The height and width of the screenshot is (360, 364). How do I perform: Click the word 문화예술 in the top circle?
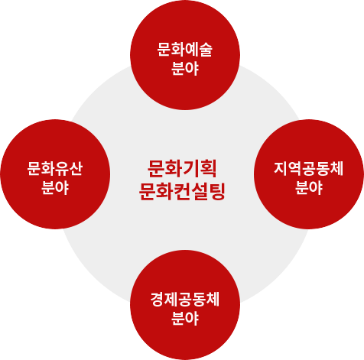[x=185, y=50]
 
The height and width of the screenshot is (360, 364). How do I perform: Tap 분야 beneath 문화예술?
[x=185, y=68]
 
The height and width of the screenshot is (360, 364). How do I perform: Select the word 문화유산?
[x=55, y=168]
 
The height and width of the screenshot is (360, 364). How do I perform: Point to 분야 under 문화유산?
[x=55, y=187]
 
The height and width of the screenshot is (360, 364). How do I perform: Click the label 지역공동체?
[x=308, y=168]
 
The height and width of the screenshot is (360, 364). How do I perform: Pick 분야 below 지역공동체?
[x=309, y=187]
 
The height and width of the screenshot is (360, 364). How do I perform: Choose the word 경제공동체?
[x=185, y=300]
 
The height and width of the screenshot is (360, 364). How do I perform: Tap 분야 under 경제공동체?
[x=185, y=318]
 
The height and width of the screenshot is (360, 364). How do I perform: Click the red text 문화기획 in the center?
[x=182, y=168]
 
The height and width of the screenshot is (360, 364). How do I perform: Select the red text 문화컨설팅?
[x=182, y=191]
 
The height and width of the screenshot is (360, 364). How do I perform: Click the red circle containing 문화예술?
[x=185, y=55]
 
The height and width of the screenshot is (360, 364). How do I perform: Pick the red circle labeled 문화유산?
[x=55, y=174]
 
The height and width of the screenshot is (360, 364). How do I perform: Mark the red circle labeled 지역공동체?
[x=309, y=174]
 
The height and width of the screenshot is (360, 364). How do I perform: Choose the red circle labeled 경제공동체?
[x=185, y=305]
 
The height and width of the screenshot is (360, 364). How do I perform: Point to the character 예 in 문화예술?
[x=192, y=50]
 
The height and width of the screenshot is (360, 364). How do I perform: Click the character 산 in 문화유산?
[x=76, y=168]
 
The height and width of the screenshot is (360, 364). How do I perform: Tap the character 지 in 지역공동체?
[x=281, y=168]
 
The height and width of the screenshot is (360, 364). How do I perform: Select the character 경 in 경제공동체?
[x=157, y=300]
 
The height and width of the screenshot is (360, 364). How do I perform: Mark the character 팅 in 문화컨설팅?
[x=217, y=191]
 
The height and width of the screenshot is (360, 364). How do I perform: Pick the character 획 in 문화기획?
[x=209, y=168]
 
